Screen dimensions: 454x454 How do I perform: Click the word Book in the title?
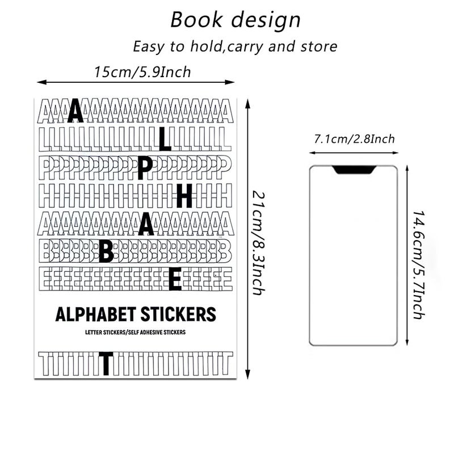coord(196,20)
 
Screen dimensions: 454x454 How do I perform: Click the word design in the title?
coord(266,20)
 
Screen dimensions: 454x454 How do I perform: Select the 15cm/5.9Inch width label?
coord(142,72)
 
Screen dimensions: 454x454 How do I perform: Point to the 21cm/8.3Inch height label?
coord(258,243)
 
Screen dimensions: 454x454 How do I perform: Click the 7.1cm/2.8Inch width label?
coord(354,139)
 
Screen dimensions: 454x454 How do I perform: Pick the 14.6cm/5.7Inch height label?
coord(419,265)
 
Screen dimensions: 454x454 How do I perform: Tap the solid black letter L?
coord(165,140)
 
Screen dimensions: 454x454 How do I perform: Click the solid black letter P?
coord(145,169)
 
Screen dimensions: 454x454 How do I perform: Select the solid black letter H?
coord(185,196)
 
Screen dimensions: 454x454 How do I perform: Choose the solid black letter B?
coord(106,251)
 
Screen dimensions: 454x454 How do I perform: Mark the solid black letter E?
coord(175,279)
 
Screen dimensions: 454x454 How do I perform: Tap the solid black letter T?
coord(106,363)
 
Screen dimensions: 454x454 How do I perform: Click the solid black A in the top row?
coord(75,111)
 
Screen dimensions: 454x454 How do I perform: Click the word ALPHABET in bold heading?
coord(95,314)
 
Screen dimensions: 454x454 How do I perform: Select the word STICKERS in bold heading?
coord(178,314)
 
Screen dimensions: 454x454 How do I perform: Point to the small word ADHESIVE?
coord(151,332)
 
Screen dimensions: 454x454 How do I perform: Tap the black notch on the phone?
coord(354,170)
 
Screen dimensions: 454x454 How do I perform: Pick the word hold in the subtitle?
coord(207,47)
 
